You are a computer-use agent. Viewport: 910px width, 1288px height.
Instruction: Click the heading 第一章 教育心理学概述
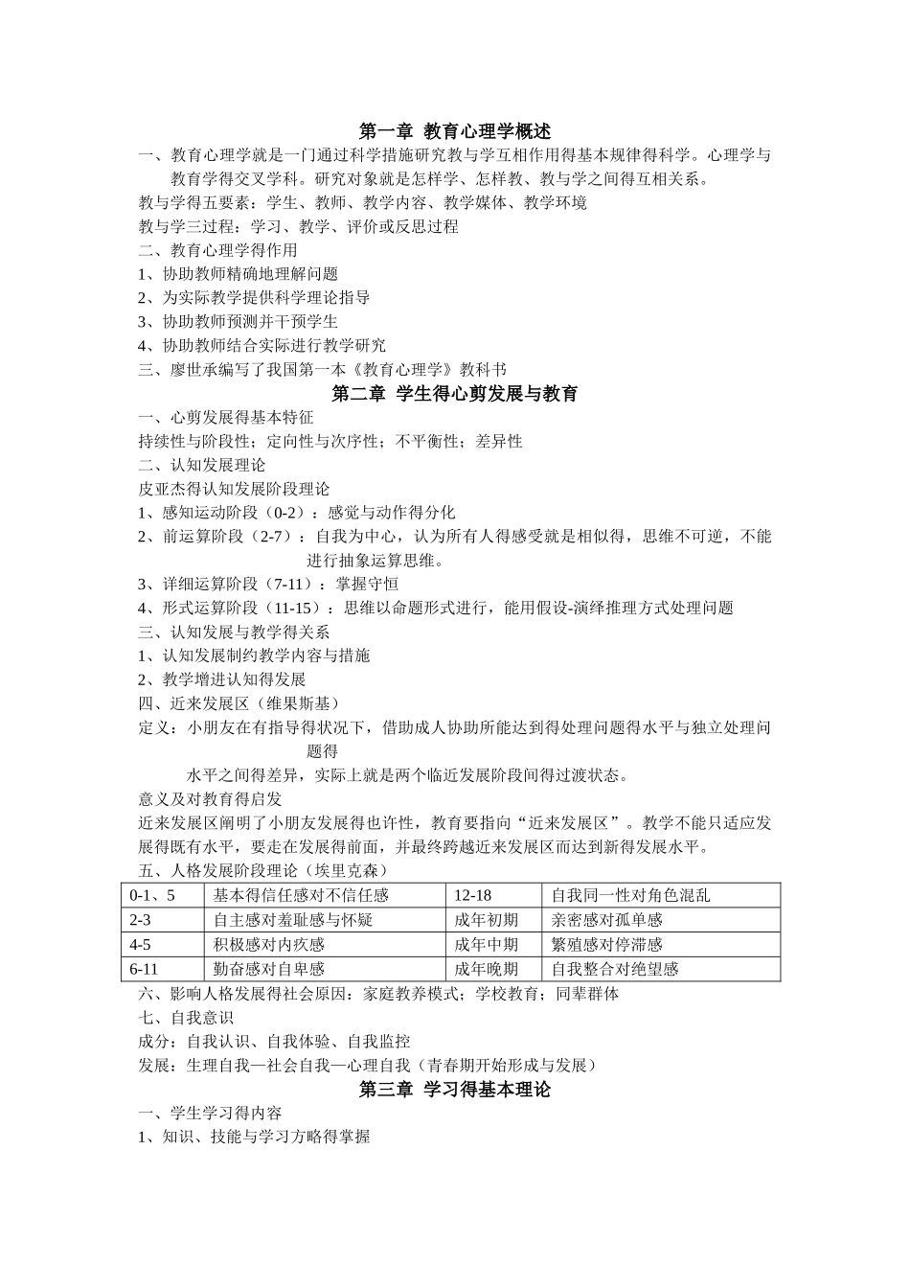coord(454,131)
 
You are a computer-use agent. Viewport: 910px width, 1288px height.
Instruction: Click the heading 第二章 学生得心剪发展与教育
coord(454,394)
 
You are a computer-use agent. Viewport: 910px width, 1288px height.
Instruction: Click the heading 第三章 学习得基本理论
coord(454,1090)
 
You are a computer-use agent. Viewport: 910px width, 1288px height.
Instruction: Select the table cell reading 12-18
coord(473,895)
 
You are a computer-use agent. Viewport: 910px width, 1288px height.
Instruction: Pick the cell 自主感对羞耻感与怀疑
coord(292,920)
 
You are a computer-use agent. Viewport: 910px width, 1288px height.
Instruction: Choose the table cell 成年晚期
coord(486,969)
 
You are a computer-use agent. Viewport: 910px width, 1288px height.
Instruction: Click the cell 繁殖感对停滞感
coord(606,945)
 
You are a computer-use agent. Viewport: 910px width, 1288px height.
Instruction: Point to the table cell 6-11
coord(145,969)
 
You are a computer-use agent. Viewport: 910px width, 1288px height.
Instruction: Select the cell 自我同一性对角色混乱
coord(630,895)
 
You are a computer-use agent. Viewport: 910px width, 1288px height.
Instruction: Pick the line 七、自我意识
coord(187,1018)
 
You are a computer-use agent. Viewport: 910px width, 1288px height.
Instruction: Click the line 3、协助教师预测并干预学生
coord(238,322)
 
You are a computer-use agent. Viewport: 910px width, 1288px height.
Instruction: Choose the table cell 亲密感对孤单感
coord(606,920)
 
